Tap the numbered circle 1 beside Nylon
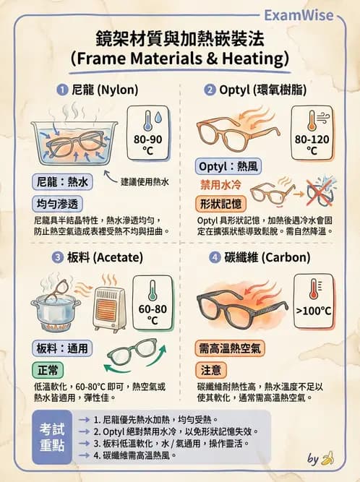click(x=62, y=90)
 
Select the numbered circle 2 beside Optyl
click(x=210, y=90)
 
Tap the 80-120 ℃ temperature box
click(x=312, y=132)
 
